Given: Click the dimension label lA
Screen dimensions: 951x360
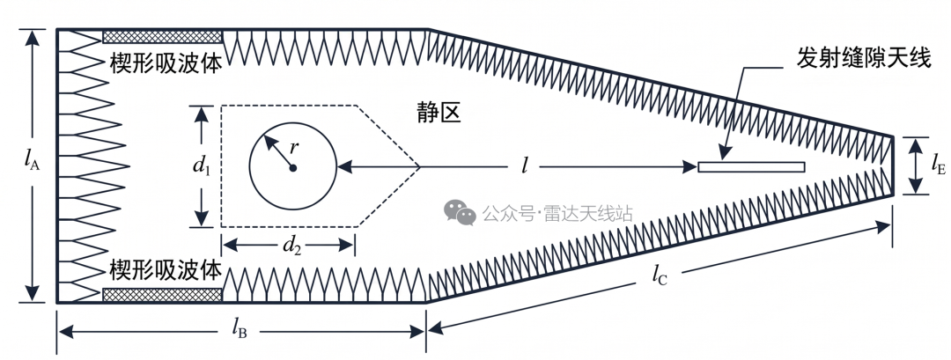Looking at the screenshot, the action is [32, 160].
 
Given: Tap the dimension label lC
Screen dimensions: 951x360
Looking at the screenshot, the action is [660, 276].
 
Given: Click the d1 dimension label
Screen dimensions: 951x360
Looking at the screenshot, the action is [202, 165].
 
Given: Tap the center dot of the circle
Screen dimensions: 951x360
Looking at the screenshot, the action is [293, 168].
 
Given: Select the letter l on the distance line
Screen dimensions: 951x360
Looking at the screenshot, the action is [524, 165].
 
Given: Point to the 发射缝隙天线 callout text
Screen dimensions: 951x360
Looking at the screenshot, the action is [863, 59].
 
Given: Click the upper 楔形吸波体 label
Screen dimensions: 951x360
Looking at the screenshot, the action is [165, 62].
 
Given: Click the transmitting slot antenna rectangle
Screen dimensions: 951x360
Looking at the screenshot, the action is [751, 166].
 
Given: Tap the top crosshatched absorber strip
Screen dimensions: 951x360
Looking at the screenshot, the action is [162, 37].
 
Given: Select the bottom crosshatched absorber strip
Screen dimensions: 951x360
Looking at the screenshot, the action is [162, 295].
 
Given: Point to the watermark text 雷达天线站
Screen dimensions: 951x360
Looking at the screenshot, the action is [588, 213].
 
